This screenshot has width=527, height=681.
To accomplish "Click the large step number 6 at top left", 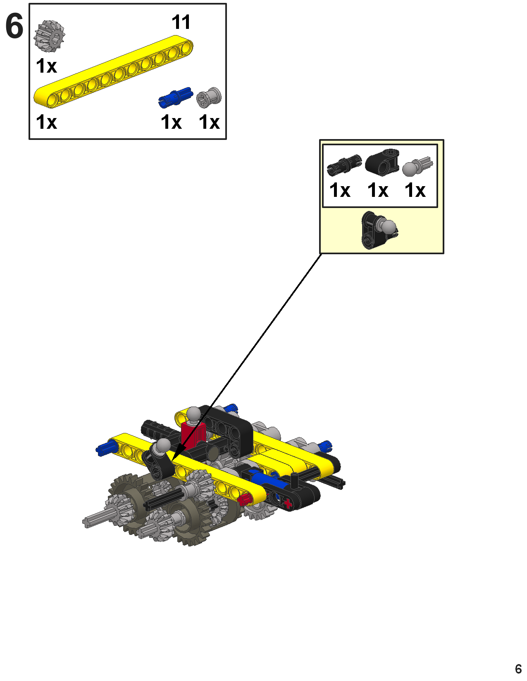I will click(14, 26).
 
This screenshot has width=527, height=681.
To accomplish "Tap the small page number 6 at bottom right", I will click(518, 669).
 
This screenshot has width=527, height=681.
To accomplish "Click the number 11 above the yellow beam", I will click(181, 22).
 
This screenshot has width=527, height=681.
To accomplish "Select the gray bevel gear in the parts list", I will click(50, 36).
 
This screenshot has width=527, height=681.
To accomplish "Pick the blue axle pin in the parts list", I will click(176, 97).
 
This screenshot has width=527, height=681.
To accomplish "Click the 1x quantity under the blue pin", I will click(171, 122).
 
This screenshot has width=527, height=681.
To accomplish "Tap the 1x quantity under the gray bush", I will click(209, 122).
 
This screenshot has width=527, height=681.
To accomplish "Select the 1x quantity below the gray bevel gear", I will click(46, 66).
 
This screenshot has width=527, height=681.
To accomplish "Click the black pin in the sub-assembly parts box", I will click(344, 164).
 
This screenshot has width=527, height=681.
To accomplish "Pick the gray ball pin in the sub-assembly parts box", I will click(417, 166).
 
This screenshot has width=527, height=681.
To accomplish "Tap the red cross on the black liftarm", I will click(288, 504).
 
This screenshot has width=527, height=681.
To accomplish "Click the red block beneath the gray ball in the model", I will click(193, 434).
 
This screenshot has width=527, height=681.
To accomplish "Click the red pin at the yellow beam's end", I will click(245, 499).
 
